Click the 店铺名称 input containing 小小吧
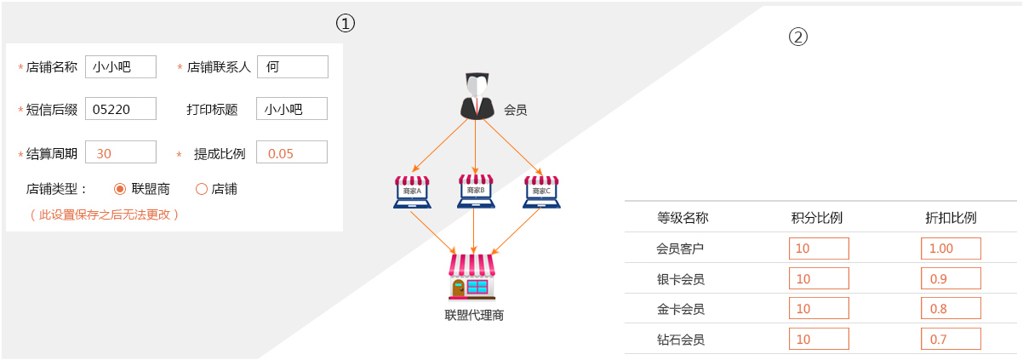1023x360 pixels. click(x=121, y=67)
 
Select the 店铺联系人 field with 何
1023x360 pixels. click(x=292, y=67)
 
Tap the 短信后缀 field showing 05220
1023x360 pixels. click(x=121, y=109)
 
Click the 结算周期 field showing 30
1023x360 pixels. click(x=121, y=152)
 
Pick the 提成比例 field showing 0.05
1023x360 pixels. click(x=292, y=152)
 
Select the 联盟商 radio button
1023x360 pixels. click(x=120, y=189)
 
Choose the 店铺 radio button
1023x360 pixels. click(x=202, y=189)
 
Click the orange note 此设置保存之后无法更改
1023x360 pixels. click(x=105, y=214)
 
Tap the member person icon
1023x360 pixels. click(x=477, y=96)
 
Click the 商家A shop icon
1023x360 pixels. click(x=413, y=192)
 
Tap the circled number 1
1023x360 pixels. click(x=345, y=24)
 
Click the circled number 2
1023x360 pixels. click(x=797, y=37)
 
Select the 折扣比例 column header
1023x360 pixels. click(x=951, y=218)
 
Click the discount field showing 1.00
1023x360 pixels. click(x=951, y=249)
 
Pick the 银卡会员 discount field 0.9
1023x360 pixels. click(x=951, y=278)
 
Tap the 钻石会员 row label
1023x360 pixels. click(x=681, y=340)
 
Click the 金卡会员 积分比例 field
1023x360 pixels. click(x=819, y=309)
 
